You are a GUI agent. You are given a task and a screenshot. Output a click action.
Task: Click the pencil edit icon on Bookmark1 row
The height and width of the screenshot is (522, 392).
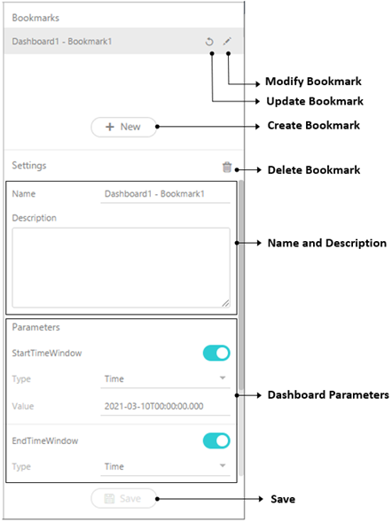(x=227, y=42)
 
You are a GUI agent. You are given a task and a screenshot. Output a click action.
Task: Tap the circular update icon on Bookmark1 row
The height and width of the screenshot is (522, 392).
(x=209, y=42)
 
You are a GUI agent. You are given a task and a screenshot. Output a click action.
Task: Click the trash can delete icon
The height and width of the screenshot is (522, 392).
(x=227, y=167)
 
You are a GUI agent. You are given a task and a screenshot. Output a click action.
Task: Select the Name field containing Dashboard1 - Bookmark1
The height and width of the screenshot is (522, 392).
(x=165, y=194)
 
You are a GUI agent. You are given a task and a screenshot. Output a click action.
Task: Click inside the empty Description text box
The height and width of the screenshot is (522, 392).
(x=121, y=268)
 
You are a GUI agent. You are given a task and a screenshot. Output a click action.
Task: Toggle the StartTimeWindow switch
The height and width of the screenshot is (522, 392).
(x=216, y=353)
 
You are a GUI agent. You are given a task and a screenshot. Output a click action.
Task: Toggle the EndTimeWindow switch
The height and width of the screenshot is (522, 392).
(x=216, y=440)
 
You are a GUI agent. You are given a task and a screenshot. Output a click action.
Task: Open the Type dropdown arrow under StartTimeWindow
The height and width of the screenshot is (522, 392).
(x=223, y=378)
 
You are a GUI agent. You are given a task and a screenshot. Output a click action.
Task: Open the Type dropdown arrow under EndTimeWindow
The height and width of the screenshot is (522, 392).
(x=223, y=465)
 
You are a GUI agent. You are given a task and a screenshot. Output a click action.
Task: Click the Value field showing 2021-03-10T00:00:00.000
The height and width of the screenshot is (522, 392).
(x=165, y=406)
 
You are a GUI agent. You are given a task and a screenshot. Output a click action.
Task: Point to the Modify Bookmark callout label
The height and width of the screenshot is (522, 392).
(x=313, y=82)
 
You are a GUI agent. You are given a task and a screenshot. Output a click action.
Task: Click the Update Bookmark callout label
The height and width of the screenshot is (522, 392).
(x=315, y=101)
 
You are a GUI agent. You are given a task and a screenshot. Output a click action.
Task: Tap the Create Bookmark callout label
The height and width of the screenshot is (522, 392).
(x=313, y=125)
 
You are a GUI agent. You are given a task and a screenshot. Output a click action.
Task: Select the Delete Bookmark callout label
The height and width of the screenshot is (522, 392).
(x=314, y=170)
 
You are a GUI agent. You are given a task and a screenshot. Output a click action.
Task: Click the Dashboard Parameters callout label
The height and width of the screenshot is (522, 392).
(x=328, y=395)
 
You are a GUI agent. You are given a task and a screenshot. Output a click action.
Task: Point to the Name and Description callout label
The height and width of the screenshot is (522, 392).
(x=327, y=243)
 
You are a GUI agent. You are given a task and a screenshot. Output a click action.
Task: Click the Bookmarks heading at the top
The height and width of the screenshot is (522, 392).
(x=35, y=18)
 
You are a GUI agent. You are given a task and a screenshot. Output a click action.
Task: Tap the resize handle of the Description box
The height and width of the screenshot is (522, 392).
(x=225, y=303)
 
